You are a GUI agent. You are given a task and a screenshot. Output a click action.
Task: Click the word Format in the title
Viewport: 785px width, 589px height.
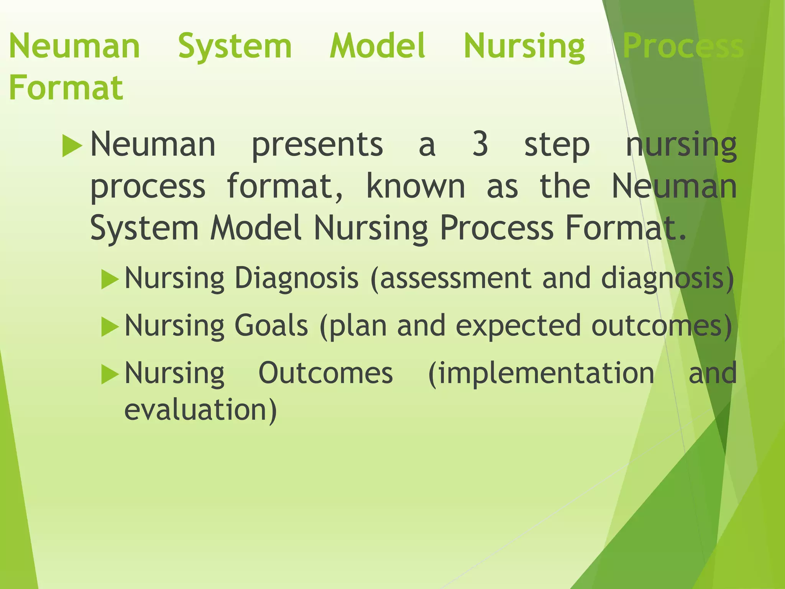click(x=66, y=88)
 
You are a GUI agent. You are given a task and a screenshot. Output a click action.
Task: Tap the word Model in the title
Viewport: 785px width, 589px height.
click(x=378, y=46)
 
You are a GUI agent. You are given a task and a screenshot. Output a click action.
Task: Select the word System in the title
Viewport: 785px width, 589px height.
click(x=235, y=46)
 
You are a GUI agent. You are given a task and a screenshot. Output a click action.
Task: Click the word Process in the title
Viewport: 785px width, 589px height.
click(x=683, y=46)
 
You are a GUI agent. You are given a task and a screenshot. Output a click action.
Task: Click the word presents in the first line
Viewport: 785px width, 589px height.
click(x=317, y=146)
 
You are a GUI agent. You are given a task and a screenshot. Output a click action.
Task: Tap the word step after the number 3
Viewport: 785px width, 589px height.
click(x=557, y=146)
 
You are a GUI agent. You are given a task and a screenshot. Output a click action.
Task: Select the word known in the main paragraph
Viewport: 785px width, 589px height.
click(x=415, y=186)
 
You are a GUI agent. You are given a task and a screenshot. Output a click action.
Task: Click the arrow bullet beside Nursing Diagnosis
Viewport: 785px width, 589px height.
click(x=110, y=280)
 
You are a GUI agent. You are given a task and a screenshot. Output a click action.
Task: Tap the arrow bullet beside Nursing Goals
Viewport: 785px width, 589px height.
click(x=110, y=327)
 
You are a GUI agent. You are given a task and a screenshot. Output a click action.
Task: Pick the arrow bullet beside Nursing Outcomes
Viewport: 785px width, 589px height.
click(x=110, y=374)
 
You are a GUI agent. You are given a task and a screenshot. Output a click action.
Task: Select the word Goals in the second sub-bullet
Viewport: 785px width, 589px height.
click(x=271, y=325)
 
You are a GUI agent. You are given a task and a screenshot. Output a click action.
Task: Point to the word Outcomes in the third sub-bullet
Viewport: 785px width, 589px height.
click(x=326, y=373)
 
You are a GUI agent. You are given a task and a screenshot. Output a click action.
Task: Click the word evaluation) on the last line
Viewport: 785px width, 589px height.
click(x=200, y=410)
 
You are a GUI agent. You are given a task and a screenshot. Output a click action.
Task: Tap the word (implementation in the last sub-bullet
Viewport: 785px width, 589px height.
click(x=541, y=373)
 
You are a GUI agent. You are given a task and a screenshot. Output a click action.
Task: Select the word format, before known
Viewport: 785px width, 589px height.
click(x=285, y=186)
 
